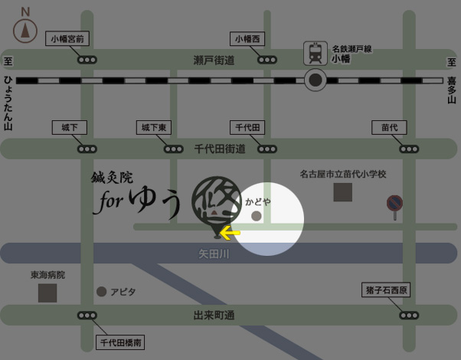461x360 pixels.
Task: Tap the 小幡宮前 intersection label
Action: click(x=69, y=38)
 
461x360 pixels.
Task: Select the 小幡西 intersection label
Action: click(x=248, y=38)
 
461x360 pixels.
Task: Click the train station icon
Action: click(x=314, y=52)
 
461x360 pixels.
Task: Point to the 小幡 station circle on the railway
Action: click(x=315, y=80)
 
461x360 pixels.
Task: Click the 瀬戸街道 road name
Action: click(x=214, y=60)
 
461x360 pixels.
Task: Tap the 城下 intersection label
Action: click(x=69, y=127)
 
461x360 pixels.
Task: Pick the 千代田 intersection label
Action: click(x=248, y=127)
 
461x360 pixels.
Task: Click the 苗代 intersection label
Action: click(x=389, y=127)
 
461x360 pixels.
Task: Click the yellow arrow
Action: click(x=229, y=232)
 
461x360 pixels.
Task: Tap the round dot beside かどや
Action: click(x=257, y=217)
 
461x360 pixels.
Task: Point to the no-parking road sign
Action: click(x=395, y=204)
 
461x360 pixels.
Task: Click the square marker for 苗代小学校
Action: click(x=342, y=191)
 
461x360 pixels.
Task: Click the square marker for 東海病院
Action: click(x=47, y=293)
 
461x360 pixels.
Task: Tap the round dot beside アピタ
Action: click(x=102, y=292)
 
